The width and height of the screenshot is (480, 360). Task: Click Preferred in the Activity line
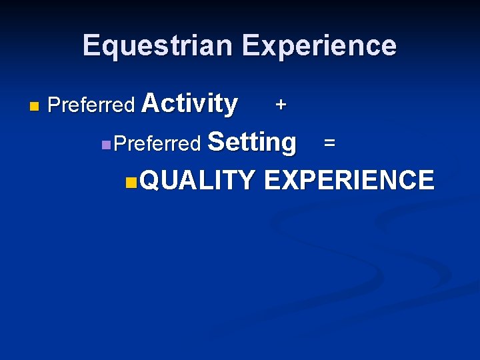pos(92,105)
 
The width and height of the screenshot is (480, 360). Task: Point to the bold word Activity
pos(189,104)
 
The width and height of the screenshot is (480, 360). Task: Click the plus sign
pos(281,105)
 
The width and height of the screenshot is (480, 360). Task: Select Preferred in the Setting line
pos(158,143)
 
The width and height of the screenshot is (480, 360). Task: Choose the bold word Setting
pos(252,142)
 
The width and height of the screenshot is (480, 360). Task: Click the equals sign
pos(329,143)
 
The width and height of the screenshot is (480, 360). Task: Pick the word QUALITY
pos(198,181)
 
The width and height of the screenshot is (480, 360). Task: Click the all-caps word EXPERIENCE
pos(349,181)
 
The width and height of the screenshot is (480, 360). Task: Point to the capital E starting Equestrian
pos(91,45)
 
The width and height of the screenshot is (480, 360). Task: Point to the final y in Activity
pos(230,107)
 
